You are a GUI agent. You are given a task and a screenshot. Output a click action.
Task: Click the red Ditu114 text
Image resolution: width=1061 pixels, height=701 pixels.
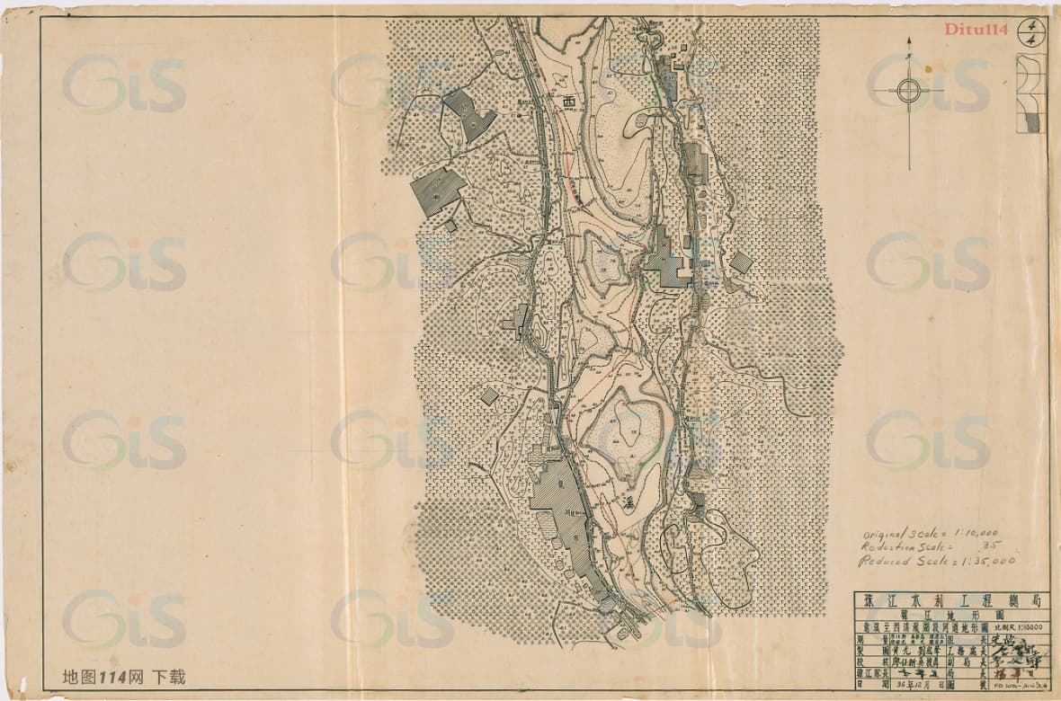coord(974,29)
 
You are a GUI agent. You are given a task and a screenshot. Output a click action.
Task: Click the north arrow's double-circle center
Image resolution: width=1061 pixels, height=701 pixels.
coord(908,90)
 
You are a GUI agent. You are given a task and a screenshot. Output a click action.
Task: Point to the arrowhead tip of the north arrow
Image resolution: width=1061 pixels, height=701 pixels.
coord(908,41)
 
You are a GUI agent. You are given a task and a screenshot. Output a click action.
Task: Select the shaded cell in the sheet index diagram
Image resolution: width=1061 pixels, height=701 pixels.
coord(1032,120)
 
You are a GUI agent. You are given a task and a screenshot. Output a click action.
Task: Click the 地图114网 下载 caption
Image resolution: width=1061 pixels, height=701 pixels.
coord(124,677)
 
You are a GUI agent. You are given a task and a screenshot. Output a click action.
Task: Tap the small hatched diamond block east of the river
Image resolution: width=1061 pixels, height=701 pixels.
coord(741,262)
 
